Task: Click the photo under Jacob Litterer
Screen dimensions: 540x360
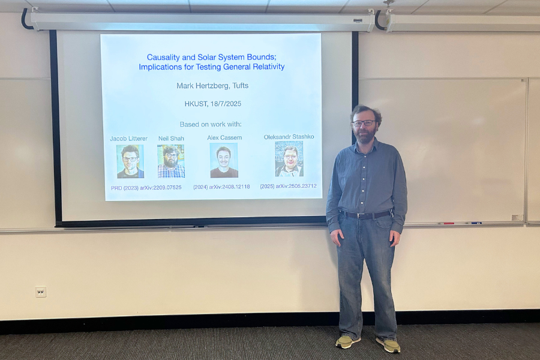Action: [x=130, y=161]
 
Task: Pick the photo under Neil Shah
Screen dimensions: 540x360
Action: [x=171, y=161]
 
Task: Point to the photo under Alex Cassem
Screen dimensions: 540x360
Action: [x=224, y=160]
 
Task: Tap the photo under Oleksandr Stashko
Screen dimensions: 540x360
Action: [x=289, y=159]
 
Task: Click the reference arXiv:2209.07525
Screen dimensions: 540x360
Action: [x=160, y=188]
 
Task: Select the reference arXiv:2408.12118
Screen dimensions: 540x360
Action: [x=229, y=187]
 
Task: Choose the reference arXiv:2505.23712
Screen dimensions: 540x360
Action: [x=296, y=186]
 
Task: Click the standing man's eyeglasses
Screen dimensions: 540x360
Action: [x=364, y=122]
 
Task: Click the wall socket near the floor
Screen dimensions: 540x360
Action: [x=41, y=292]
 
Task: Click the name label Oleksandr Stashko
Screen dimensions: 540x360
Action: [x=289, y=137]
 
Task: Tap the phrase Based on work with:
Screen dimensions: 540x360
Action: [x=211, y=124]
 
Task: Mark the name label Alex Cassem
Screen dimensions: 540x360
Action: [x=224, y=137]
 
